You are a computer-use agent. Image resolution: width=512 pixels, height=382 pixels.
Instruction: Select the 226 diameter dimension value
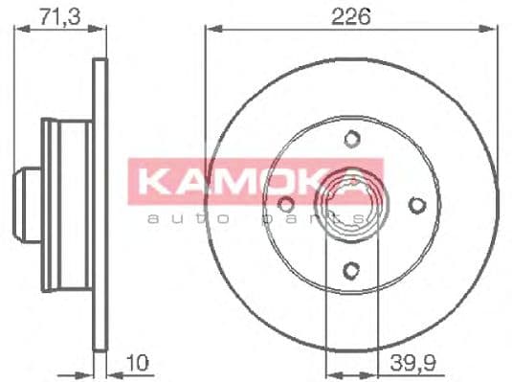351,13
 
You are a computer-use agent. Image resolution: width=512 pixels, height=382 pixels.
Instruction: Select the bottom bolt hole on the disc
351,269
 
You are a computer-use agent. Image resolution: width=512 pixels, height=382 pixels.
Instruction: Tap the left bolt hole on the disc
285,203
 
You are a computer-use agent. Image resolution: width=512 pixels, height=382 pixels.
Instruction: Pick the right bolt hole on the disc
416,203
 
